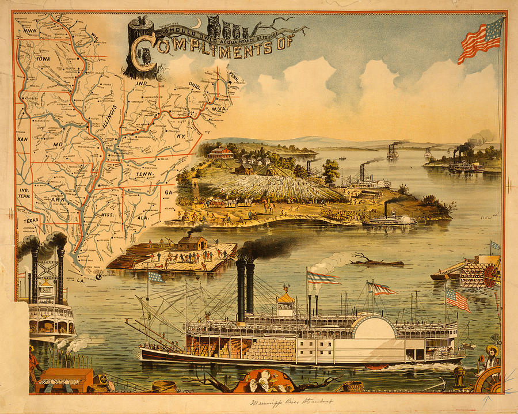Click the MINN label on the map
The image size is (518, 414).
pos(30,31)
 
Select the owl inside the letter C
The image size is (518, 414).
pos(145,56)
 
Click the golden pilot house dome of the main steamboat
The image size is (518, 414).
pos(285,297)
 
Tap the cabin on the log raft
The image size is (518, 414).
pos(192,243)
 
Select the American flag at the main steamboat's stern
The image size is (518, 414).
pos(458,299)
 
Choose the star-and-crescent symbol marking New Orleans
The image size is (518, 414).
pos(99,277)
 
